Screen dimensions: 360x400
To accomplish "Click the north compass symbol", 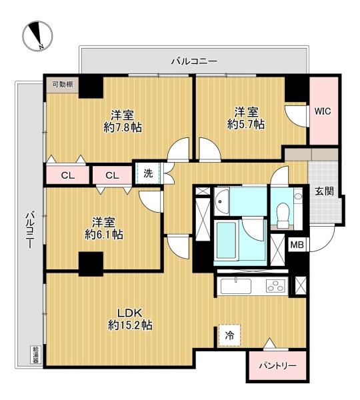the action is (37, 36).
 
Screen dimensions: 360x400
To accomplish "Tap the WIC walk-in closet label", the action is (323, 111).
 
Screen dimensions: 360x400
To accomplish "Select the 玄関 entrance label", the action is (324, 191).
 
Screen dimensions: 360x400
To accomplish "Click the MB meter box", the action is (297, 245).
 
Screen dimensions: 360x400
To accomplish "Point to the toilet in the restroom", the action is (282, 214).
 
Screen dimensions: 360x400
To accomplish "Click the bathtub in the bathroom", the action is (227, 240).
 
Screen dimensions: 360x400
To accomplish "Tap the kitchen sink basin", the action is (236, 286).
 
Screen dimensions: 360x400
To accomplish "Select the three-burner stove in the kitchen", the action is (275, 286).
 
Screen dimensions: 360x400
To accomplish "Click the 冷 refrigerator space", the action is (229, 336).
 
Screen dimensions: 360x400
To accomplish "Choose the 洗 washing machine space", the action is (148, 173).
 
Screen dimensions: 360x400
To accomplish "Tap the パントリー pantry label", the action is (278, 366).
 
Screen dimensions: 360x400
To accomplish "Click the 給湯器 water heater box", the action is (35, 355).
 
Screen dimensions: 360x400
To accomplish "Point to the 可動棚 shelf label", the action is (63, 85).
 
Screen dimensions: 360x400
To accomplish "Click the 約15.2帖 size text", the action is (130, 325).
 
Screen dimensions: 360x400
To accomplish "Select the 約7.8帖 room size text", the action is (123, 127).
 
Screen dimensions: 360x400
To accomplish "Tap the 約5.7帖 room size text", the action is (246, 124).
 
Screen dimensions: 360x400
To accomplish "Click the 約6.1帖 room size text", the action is (104, 234).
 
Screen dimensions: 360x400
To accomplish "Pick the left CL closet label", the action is (68, 175).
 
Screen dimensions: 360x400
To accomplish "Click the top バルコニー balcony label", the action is (194, 61).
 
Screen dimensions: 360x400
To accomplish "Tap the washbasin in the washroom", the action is (221, 201).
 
